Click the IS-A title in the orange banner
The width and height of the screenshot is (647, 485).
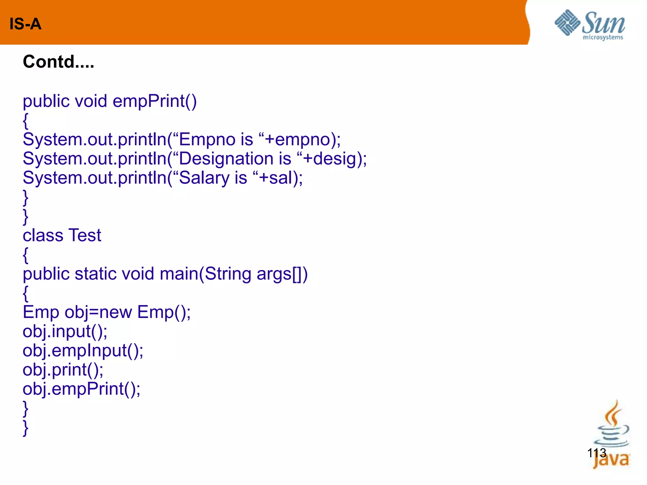[x=25, y=24]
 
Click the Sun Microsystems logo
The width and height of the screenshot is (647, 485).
[x=590, y=25]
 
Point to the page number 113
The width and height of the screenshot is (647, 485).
[x=596, y=453]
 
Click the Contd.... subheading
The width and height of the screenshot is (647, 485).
[x=58, y=62]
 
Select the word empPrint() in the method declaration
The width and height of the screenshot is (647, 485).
[x=154, y=101]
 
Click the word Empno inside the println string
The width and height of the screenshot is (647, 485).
[x=207, y=140]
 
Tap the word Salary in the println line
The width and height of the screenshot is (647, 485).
[x=204, y=178]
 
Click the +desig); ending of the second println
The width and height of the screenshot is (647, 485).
[x=335, y=159]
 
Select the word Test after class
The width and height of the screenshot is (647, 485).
[x=85, y=235]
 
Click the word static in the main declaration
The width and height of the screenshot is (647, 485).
[x=95, y=274]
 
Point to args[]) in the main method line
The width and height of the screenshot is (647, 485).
[x=282, y=274]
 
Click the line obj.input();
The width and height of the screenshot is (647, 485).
[x=65, y=332]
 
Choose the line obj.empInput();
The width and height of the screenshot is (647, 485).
[x=83, y=351]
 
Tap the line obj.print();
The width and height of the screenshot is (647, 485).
[x=63, y=370]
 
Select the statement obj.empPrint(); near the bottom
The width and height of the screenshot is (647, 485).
[x=82, y=389]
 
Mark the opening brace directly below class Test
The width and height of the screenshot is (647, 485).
[x=26, y=255]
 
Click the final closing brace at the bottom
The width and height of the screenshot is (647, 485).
[x=26, y=428]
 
